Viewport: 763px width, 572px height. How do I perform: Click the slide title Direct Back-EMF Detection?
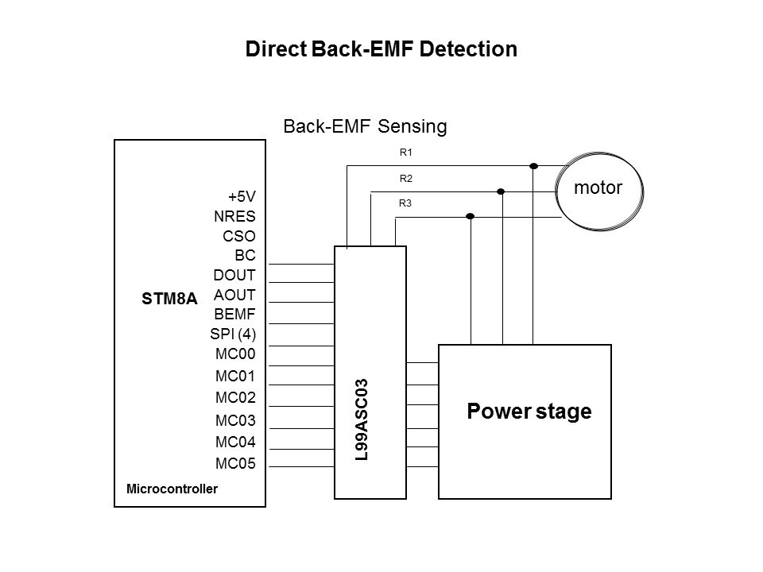pyautogui.click(x=381, y=49)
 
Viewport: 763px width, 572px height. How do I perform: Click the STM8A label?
pyautogui.click(x=164, y=301)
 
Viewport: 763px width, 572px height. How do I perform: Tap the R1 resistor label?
pyautogui.click(x=405, y=152)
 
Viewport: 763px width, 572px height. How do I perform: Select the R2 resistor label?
pyautogui.click(x=405, y=179)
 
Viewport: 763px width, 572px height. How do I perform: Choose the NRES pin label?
pyautogui.click(x=234, y=216)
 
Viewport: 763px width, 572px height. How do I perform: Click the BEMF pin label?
pyautogui.click(x=234, y=315)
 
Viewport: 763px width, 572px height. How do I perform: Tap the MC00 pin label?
pyautogui.click(x=235, y=355)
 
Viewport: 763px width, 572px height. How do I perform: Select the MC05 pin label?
pyautogui.click(x=236, y=464)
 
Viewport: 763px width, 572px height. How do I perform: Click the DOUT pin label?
pyautogui.click(x=234, y=276)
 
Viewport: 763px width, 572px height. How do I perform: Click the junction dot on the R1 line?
pyautogui.click(x=534, y=166)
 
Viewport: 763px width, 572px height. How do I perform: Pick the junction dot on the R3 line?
pyautogui.click(x=471, y=216)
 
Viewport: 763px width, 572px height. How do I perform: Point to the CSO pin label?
pyautogui.click(x=238, y=236)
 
